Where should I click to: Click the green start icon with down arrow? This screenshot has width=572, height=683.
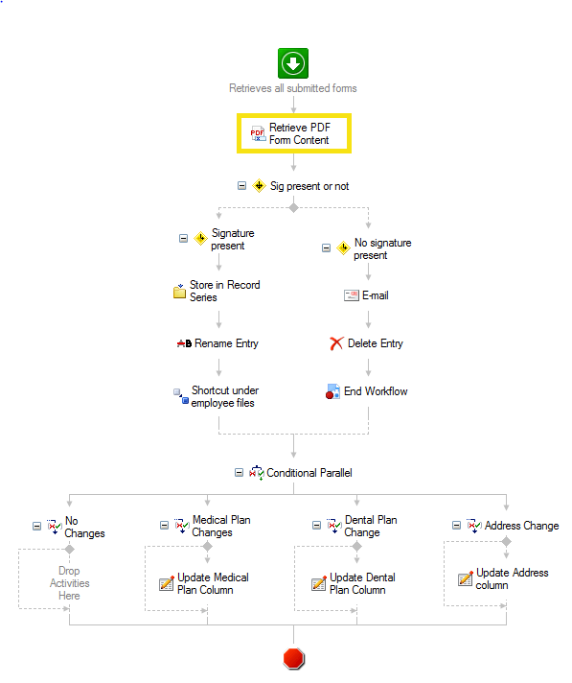pyautogui.click(x=293, y=63)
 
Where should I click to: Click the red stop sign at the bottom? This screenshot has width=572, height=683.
pyautogui.click(x=293, y=658)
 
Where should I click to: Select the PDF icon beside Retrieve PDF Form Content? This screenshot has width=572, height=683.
pyautogui.click(x=258, y=133)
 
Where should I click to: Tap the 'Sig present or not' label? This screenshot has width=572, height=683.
pyautogui.click(x=309, y=186)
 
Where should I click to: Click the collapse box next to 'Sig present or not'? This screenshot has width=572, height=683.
pyautogui.click(x=241, y=186)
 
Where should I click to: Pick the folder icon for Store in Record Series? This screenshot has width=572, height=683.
pyautogui.click(x=179, y=292)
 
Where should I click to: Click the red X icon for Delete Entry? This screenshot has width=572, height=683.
pyautogui.click(x=336, y=343)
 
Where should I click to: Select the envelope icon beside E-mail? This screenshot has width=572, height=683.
pyautogui.click(x=352, y=295)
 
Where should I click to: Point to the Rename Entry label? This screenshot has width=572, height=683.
pyautogui.click(x=226, y=343)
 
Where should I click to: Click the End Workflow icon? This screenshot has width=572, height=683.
pyautogui.click(x=332, y=391)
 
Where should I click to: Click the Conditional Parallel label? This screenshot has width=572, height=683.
pyautogui.click(x=309, y=473)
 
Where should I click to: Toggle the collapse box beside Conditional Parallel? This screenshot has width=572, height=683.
pyautogui.click(x=239, y=473)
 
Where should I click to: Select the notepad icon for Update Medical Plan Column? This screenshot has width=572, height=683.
pyautogui.click(x=167, y=583)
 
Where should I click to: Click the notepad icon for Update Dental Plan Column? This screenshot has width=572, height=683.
pyautogui.click(x=319, y=583)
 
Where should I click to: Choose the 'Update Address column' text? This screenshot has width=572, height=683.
pyautogui.click(x=512, y=578)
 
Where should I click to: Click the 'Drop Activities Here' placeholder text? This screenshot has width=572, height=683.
pyautogui.click(x=70, y=583)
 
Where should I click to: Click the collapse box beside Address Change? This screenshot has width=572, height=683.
pyautogui.click(x=456, y=526)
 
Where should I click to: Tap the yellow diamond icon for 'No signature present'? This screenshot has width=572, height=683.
pyautogui.click(x=343, y=248)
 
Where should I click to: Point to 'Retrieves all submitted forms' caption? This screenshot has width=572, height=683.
pyautogui.click(x=293, y=88)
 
